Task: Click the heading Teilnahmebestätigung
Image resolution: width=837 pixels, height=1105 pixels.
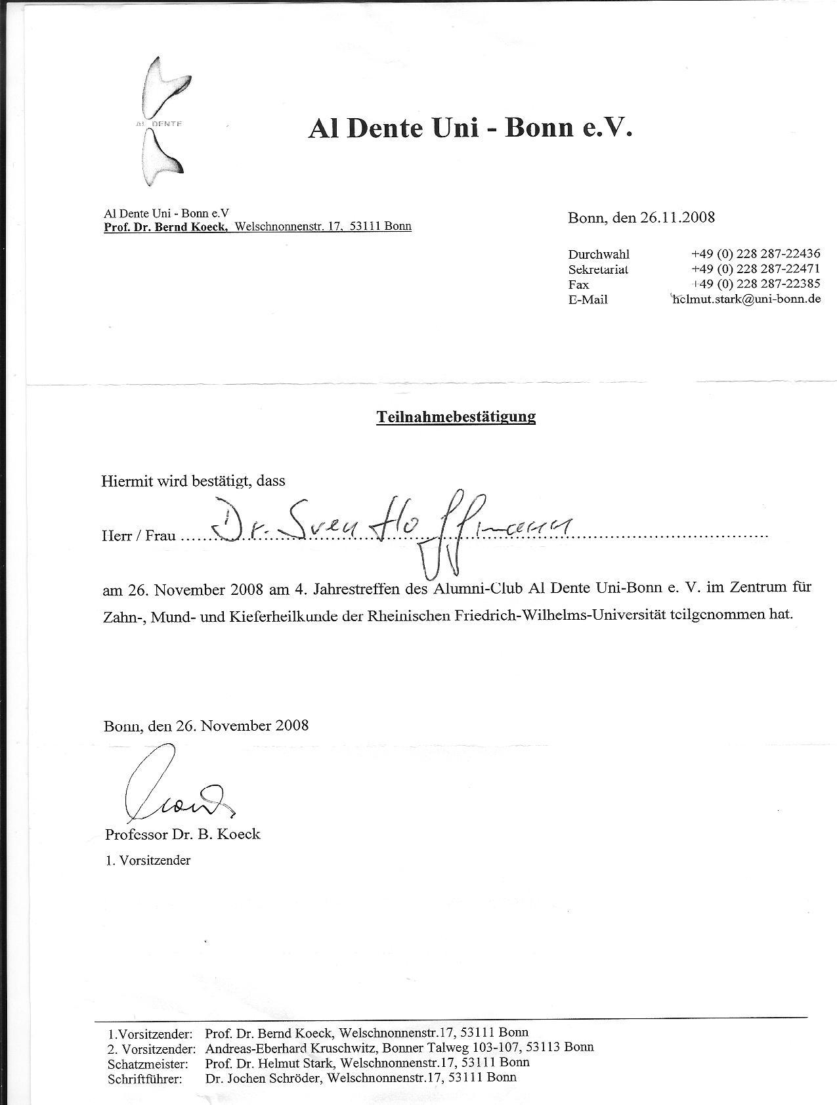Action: [456, 416]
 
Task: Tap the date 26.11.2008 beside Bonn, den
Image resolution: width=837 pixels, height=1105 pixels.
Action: [677, 217]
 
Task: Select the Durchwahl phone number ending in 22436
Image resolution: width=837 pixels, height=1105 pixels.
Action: [755, 254]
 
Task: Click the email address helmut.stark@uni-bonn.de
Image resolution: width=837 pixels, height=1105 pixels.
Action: [746, 299]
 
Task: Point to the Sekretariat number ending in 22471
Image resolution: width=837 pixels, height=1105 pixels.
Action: [755, 269]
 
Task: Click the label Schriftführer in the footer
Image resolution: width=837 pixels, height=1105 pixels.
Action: [144, 1079]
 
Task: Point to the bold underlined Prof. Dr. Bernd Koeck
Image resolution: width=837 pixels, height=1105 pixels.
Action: [166, 227]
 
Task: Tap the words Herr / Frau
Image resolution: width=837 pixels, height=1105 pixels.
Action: [139, 536]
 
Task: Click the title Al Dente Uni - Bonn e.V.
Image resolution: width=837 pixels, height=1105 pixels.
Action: [470, 128]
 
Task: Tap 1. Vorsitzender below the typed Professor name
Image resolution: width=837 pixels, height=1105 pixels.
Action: [148, 860]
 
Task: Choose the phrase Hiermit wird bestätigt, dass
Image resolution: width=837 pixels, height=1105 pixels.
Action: [193, 481]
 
